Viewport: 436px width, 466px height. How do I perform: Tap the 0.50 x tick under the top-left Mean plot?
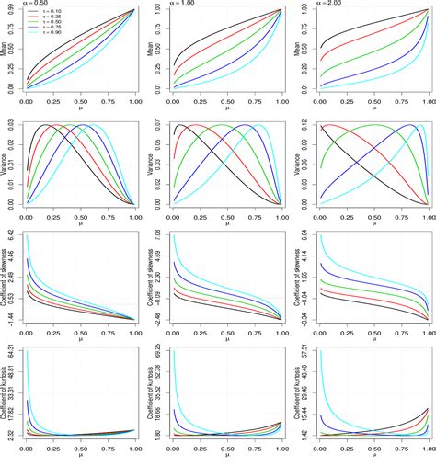(x=81, y=100)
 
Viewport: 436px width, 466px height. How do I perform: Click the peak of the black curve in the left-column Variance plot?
(x=47, y=125)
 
